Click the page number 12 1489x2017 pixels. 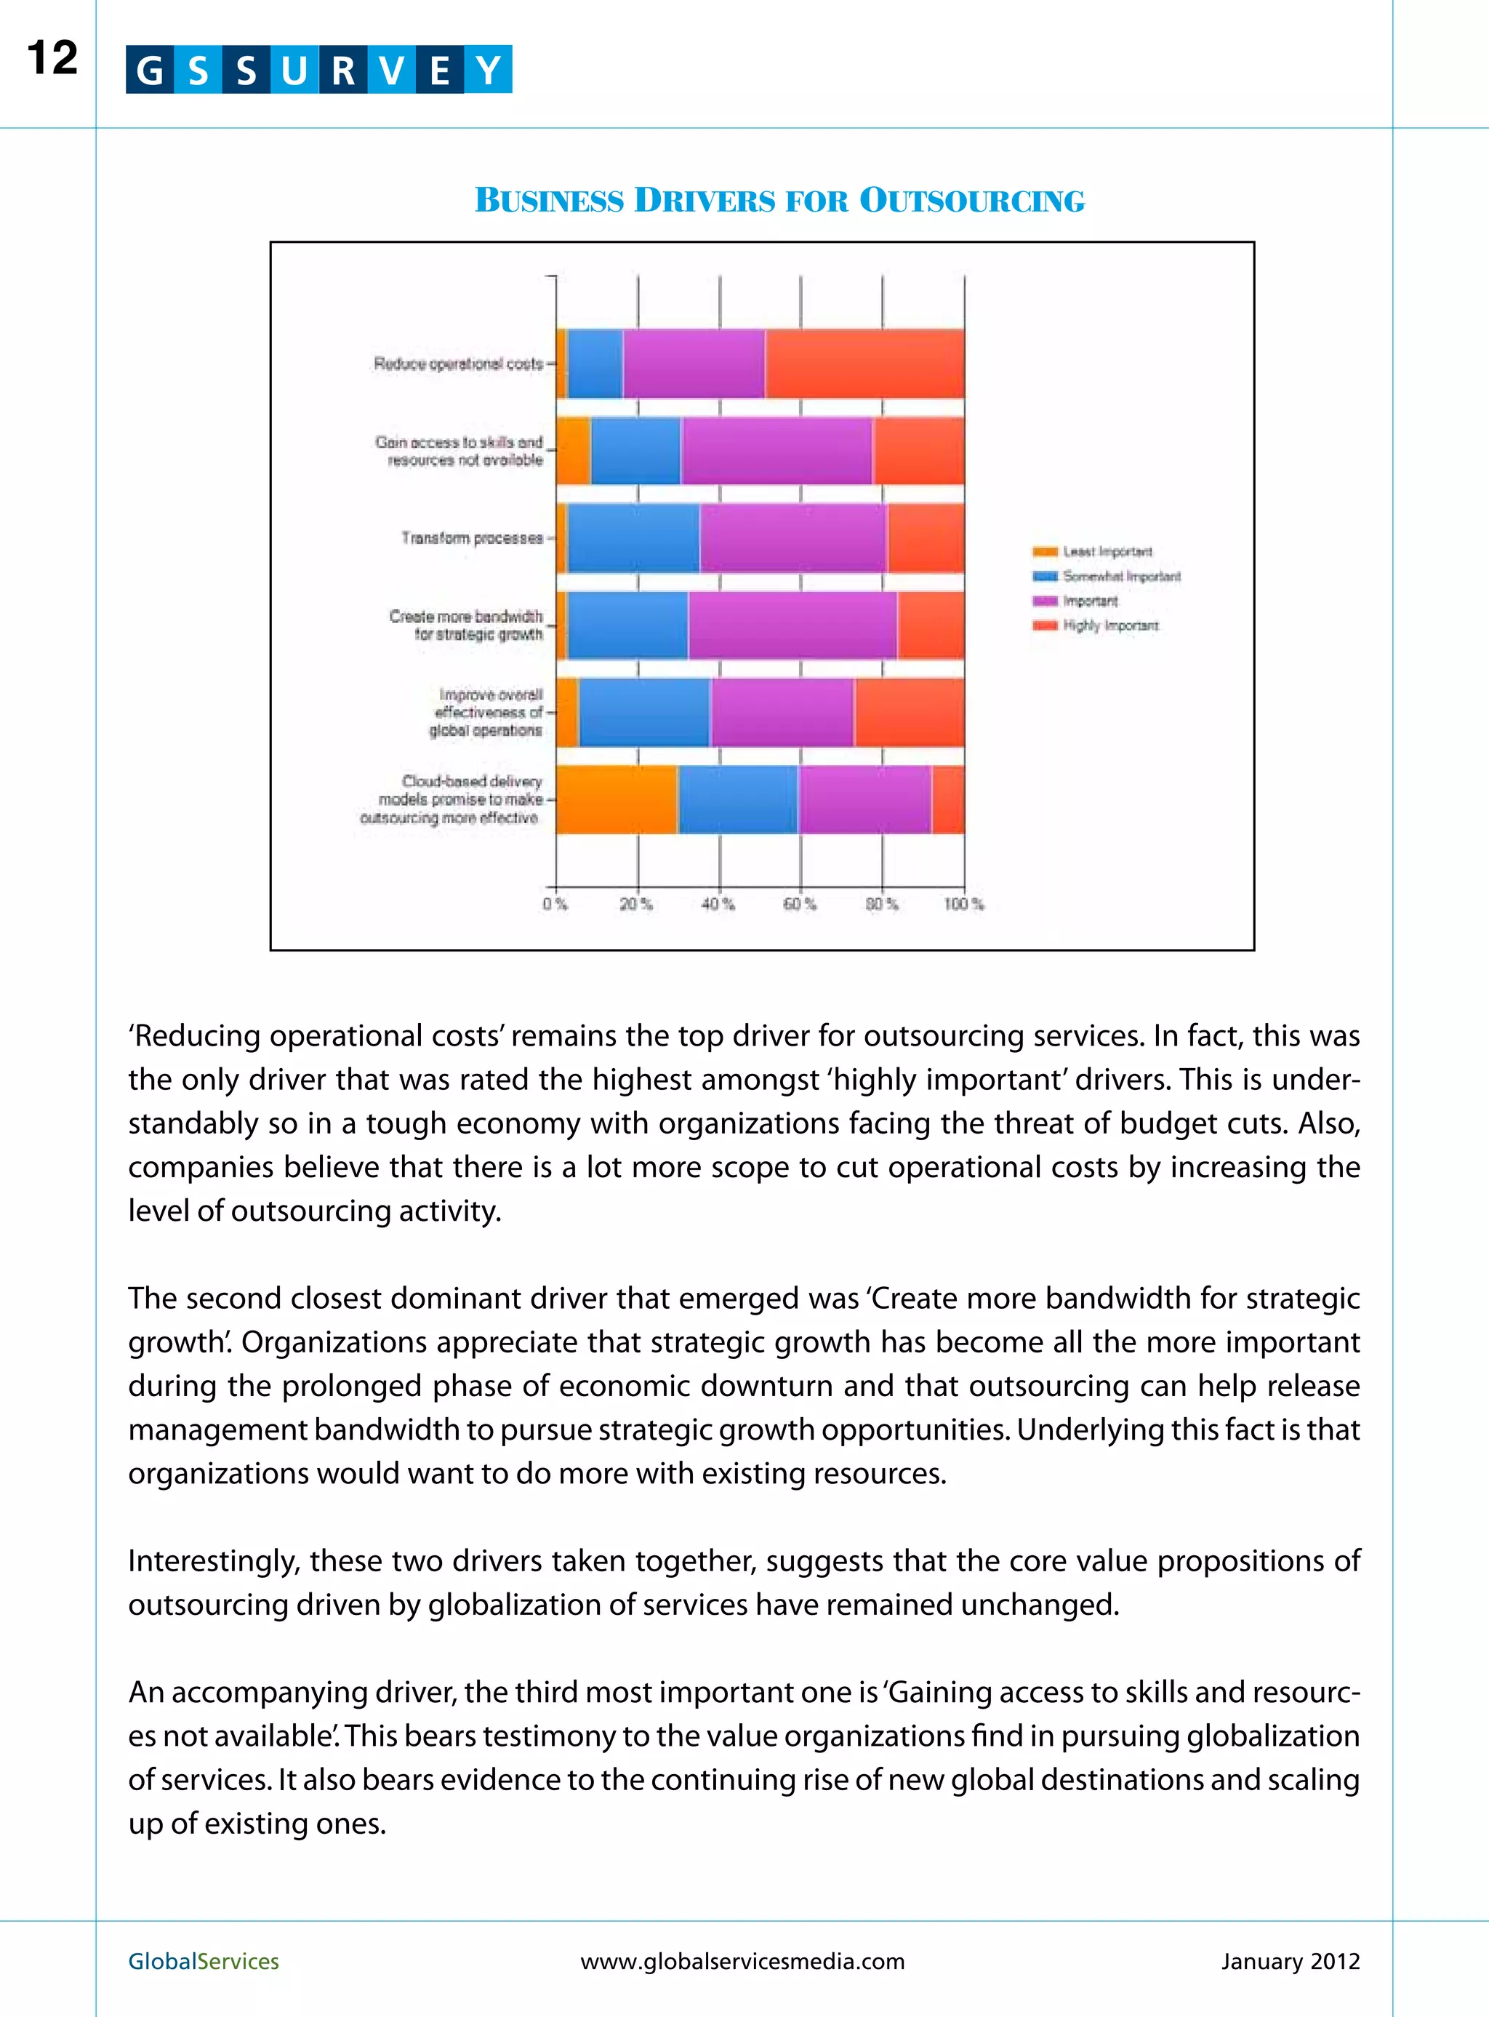[x=52, y=59]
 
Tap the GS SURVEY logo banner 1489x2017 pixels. [x=318, y=69]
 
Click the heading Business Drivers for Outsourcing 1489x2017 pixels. [x=779, y=200]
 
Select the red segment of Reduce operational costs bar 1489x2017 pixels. [x=864, y=364]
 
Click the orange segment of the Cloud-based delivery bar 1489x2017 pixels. [x=617, y=799]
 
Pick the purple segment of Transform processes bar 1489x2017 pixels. [x=792, y=538]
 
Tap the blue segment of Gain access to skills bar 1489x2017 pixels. [x=635, y=451]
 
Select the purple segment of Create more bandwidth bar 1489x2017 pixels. [x=791, y=625]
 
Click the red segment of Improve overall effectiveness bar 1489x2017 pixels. [x=909, y=712]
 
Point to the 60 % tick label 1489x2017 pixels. [x=800, y=904]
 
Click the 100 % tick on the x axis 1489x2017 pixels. [x=963, y=904]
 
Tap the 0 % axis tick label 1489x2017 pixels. [x=555, y=904]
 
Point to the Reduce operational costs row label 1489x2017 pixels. [x=458, y=364]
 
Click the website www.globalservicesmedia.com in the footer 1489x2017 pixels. [x=742, y=1961]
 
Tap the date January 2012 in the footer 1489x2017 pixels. [x=1289, y=1961]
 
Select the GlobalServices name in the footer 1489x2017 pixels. [x=204, y=1961]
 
